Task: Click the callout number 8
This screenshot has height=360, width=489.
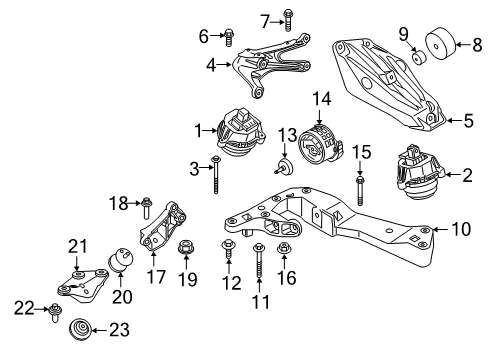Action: pyautogui.click(x=476, y=43)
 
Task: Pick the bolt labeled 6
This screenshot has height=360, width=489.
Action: pyautogui.click(x=229, y=38)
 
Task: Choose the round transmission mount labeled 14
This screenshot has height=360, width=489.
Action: pyautogui.click(x=321, y=145)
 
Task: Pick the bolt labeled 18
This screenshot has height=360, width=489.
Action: pyautogui.click(x=147, y=209)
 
